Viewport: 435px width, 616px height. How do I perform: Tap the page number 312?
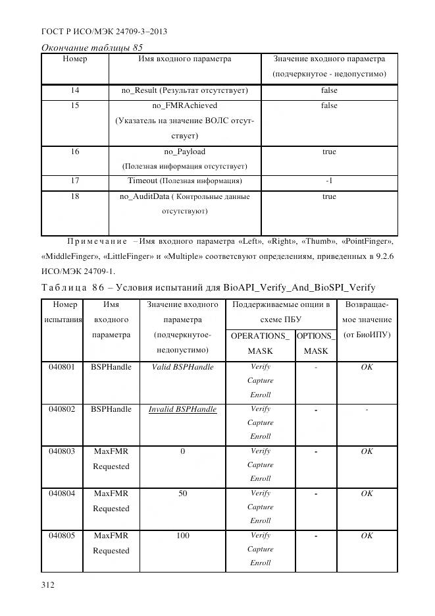[x=49, y=584]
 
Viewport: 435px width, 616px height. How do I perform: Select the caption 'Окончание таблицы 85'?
[x=92, y=47]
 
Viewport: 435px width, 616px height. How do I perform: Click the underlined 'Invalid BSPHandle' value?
[x=182, y=409]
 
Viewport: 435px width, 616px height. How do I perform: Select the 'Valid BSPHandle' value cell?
[x=182, y=367]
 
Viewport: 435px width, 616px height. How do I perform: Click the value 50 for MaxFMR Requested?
[x=182, y=493]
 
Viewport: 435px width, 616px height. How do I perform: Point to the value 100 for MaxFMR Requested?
[x=182, y=536]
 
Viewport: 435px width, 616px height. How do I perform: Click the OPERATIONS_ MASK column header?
[x=260, y=343]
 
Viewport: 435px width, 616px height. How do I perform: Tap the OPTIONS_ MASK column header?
[x=315, y=343]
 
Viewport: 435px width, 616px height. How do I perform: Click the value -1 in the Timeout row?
[x=329, y=181]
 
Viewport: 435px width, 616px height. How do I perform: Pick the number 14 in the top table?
[x=74, y=90]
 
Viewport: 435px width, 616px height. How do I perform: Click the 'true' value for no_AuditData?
[x=329, y=196]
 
